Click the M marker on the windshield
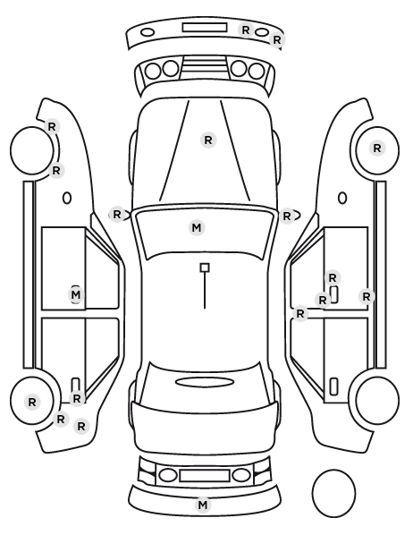point(197,227)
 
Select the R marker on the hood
point(208,140)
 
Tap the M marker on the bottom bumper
point(203,505)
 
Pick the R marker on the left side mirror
point(116,215)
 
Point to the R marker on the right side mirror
point(287,216)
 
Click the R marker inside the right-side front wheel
point(377,149)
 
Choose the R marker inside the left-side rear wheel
point(32,403)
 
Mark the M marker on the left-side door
point(76,294)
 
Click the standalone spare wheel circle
point(333,493)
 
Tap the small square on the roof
point(205,267)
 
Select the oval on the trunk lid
point(205,382)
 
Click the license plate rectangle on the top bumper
point(205,28)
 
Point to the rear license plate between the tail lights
point(205,476)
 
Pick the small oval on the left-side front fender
point(67,198)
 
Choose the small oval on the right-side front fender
point(342,198)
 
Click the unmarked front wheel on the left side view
point(32,150)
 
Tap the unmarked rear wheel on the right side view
point(377,400)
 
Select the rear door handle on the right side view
point(333,386)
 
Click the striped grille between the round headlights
point(205,66)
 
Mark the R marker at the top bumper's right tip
point(276,40)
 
